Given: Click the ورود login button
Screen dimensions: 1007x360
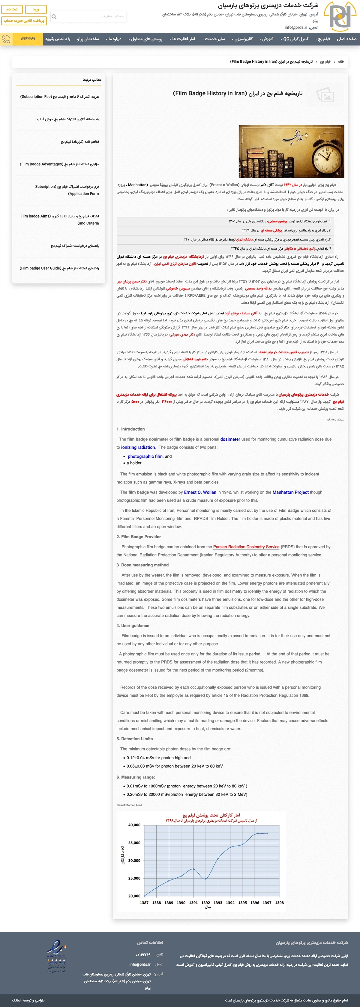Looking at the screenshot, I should [36, 9].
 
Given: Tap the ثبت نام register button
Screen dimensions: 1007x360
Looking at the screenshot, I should [12, 9].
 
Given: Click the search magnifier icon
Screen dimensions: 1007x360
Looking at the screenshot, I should [54, 17].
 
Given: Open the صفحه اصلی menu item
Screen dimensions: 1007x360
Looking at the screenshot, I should [346, 39].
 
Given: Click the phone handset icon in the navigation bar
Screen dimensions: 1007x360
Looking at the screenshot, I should [6, 39].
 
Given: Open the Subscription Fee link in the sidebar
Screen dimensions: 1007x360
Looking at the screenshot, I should [59, 97].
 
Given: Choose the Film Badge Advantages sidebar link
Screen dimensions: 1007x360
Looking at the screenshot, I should [59, 164].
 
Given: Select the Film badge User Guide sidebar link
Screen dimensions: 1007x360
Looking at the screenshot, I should [59, 268].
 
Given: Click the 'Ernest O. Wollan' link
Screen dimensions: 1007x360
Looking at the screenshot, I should [200, 493].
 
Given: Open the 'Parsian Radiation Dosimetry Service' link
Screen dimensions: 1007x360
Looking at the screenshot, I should [246, 547].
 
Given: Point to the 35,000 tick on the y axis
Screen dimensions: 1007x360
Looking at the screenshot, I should [134, 843].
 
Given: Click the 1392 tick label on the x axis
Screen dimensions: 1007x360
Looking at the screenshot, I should [205, 903].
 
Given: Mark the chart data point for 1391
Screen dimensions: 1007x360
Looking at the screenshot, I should [193, 869].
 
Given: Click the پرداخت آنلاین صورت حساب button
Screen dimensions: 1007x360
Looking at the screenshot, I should [24, 21].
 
